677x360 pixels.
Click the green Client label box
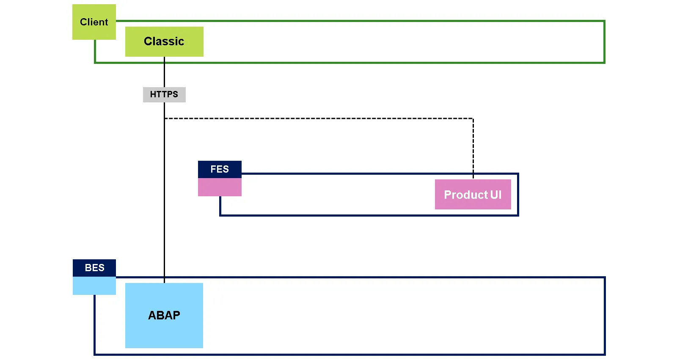coord(94,22)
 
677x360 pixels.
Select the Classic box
coord(164,41)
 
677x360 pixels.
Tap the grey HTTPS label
coord(164,94)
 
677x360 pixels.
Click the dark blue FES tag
coord(220,169)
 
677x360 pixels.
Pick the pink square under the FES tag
coord(220,187)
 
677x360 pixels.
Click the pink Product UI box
coord(473,195)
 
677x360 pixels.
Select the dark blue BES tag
coord(94,268)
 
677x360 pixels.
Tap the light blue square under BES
coord(94,286)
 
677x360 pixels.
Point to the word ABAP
coord(164,315)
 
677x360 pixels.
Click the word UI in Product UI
coord(495,195)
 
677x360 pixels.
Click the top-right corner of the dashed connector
coord(473,119)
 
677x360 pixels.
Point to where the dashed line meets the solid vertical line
coord(164,118)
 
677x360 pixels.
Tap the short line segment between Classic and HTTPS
coord(164,72)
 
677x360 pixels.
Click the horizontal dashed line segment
coord(317,118)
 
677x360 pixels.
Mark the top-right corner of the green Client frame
coord(604,21)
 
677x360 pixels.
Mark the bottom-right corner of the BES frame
coord(605,354)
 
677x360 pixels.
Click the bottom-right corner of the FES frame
coord(518,215)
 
